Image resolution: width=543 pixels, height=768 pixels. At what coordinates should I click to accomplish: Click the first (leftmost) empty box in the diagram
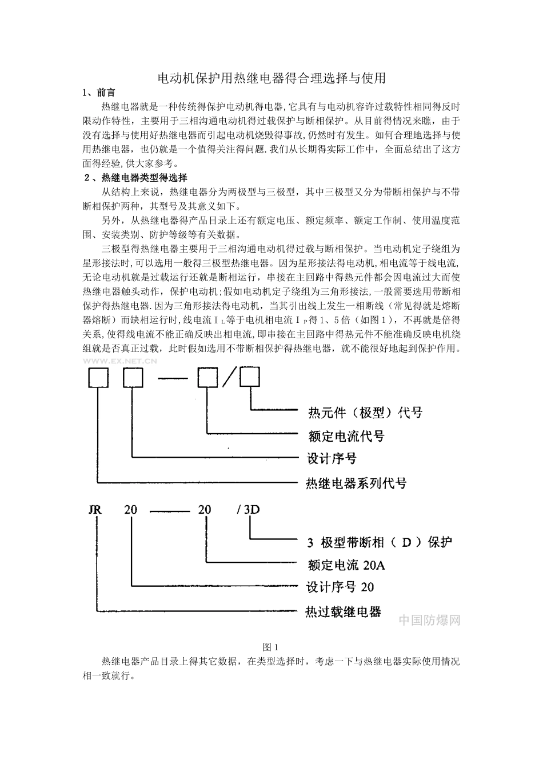click(x=98, y=378)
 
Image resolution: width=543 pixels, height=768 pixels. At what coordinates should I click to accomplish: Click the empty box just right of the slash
click(x=249, y=378)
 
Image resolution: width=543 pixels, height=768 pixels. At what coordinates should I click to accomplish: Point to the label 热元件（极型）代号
click(x=365, y=412)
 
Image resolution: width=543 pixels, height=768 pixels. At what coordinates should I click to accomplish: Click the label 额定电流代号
click(x=346, y=437)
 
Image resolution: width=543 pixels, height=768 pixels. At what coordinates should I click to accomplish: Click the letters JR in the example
click(x=95, y=509)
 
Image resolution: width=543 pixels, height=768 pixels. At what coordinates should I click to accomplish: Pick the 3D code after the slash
click(x=251, y=509)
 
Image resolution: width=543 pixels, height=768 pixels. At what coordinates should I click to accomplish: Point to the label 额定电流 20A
click(x=346, y=566)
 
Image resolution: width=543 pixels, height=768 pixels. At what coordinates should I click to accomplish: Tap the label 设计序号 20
click(x=340, y=587)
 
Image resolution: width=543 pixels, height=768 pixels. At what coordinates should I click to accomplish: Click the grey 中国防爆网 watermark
click(x=429, y=620)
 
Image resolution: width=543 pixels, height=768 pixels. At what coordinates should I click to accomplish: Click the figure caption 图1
click(x=270, y=647)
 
